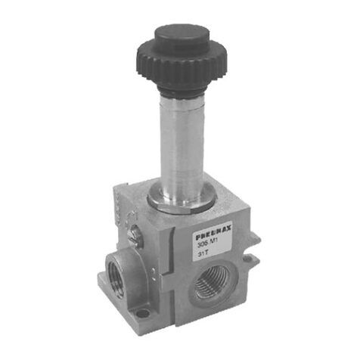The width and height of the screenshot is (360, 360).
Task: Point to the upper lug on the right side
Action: coord(254,243)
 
